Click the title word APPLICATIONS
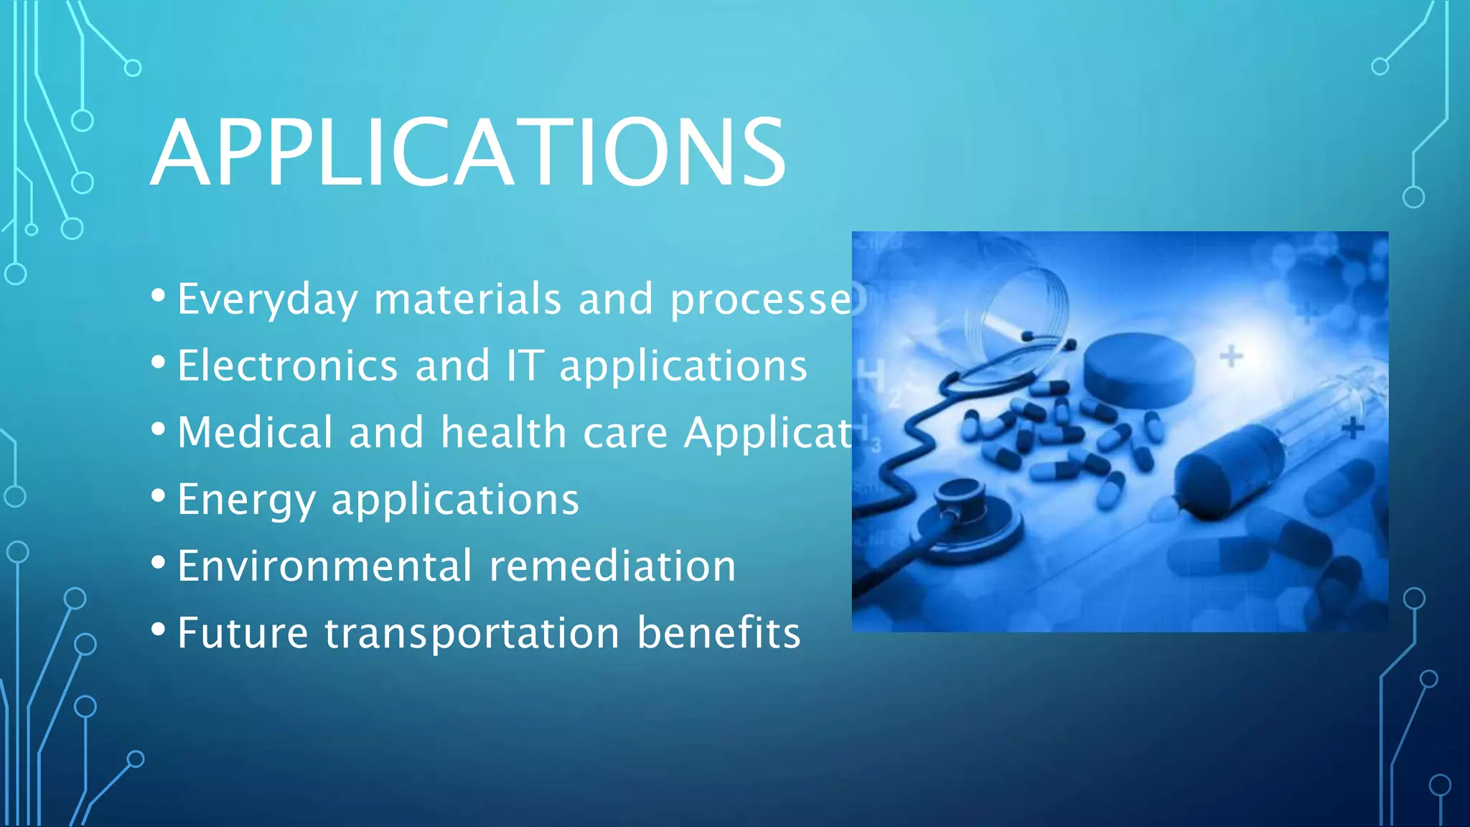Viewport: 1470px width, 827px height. click(468, 153)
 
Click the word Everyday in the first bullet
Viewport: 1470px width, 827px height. click(267, 299)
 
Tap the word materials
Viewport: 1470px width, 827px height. click(467, 299)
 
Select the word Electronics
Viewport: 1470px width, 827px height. click(287, 365)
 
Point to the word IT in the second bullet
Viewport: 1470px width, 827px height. click(525, 365)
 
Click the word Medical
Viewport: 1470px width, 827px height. click(255, 432)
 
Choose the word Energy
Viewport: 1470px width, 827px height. click(246, 500)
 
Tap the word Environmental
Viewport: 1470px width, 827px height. click(324, 566)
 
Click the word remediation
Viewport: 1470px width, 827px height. click(612, 566)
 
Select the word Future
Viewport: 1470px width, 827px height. click(243, 632)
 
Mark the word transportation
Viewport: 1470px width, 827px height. click(472, 633)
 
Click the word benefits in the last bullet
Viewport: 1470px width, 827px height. click(718, 632)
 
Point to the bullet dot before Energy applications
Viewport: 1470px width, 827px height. click(159, 495)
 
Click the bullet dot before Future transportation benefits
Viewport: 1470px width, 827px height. click(159, 630)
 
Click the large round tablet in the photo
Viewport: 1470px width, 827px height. click(1138, 369)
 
